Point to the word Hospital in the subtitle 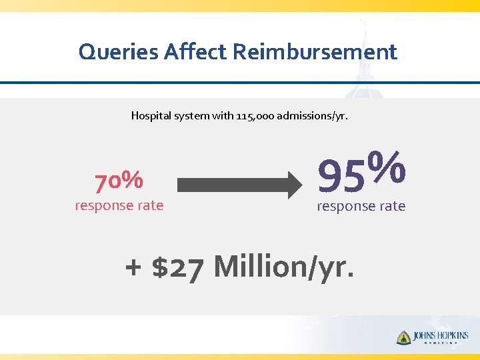pos(149,115)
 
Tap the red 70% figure pos(119,179)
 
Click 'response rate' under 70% pos(119,205)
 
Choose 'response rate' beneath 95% pos(361,206)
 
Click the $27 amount pos(176,267)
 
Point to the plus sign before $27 pos(133,268)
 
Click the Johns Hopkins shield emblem pos(403,338)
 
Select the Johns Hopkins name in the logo pos(441,335)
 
